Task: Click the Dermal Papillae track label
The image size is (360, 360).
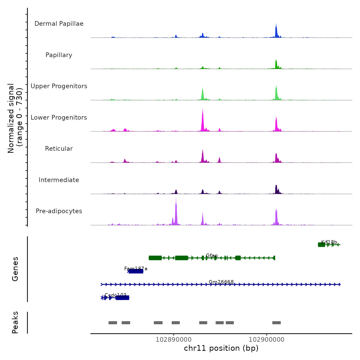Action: (59, 24)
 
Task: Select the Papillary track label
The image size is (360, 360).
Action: (59, 55)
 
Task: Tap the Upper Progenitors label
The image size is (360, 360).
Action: (59, 86)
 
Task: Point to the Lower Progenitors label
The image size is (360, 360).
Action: (59, 118)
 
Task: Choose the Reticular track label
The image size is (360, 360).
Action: (59, 149)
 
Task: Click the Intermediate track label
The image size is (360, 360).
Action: (59, 180)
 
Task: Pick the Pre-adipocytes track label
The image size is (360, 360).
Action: (59, 211)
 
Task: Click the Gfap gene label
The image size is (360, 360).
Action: (212, 256)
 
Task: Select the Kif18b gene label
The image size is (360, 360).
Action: (329, 242)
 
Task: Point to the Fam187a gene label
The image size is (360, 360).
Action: (136, 269)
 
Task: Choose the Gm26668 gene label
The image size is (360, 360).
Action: (221, 282)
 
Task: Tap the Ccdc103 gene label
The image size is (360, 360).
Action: (115, 295)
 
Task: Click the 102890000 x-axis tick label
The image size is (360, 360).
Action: (174, 340)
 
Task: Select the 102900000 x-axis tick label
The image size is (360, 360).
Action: (267, 340)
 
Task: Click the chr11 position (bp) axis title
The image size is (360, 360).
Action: (221, 348)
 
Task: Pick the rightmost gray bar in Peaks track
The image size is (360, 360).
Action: (276, 323)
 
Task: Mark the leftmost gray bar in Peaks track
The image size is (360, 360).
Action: (113, 323)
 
